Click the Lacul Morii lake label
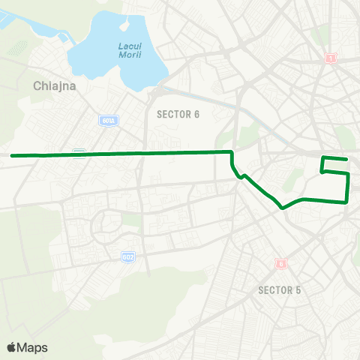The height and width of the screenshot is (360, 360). (x=129, y=51)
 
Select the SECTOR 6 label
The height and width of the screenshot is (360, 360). (x=178, y=114)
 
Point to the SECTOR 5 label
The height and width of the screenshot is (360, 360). (x=279, y=289)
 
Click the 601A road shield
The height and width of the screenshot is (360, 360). (x=106, y=120)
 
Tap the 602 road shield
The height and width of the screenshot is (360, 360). (x=128, y=256)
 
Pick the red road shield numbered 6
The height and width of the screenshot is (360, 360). (x=281, y=264)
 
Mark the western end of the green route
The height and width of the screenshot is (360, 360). (x=12, y=155)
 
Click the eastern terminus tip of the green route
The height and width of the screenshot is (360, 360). (x=347, y=160)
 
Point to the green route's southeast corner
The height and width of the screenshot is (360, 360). (x=347, y=202)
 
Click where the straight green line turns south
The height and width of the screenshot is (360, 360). (x=231, y=152)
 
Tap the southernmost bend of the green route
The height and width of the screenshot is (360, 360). (x=281, y=208)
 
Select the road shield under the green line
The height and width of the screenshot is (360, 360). (x=79, y=153)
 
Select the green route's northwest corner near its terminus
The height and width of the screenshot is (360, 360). (x=323, y=157)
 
